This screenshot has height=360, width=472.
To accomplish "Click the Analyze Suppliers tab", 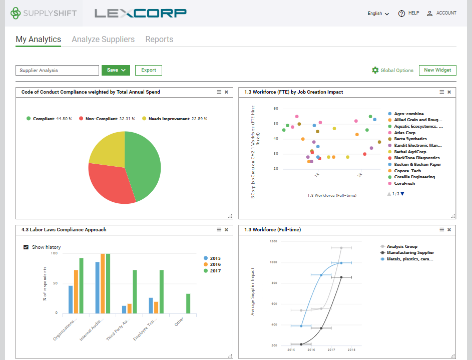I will tap(103, 40).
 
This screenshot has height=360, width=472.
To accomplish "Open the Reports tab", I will tap(159, 40).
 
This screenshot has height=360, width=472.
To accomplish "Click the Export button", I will tap(149, 71).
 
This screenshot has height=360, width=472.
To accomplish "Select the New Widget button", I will tap(437, 71).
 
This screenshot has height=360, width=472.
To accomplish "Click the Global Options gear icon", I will tap(375, 71).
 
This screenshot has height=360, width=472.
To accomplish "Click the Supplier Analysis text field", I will tap(57, 71).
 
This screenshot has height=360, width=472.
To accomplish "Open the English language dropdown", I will tap(378, 14).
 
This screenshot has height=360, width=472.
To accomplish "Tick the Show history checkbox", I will tap(26, 247).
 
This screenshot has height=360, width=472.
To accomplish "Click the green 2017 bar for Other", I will tap(188, 304).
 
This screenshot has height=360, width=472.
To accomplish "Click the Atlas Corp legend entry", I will tap(404, 133).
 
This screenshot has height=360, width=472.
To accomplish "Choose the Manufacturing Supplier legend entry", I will tap(410, 253).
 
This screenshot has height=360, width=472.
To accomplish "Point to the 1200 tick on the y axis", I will tap(273, 241).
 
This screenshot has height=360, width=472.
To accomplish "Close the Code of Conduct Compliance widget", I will tap(226, 92).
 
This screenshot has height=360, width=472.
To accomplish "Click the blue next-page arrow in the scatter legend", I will tap(402, 194).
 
